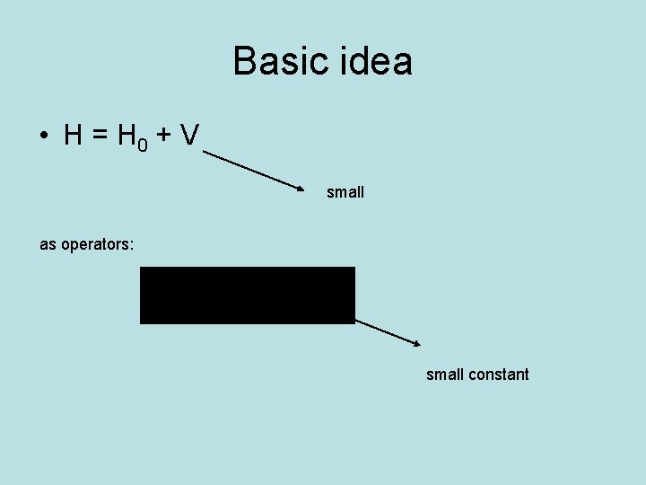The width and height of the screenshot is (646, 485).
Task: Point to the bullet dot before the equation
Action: pos(43,137)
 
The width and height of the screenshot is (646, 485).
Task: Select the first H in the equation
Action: pos(74,136)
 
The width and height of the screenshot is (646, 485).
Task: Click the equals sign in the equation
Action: pos(99,137)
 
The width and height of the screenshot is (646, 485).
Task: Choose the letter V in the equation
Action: pos(188,136)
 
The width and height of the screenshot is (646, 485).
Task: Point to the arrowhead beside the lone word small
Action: pos(301,188)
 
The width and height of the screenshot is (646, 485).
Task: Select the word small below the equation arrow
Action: pos(345,192)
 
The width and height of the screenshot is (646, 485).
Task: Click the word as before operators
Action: pos(48,244)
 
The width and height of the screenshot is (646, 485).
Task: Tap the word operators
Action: pos(94,244)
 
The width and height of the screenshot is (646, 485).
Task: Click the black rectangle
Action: pos(248,295)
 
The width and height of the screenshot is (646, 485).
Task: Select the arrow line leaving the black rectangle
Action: pos(386,331)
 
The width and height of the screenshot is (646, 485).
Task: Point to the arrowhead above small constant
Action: pos(416,343)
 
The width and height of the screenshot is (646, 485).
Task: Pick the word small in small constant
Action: pos(445,375)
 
